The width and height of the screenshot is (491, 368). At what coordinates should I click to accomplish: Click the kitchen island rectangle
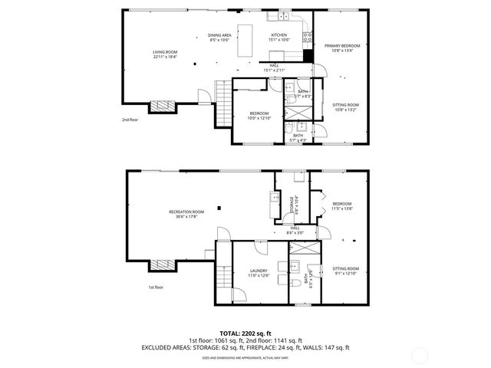247,40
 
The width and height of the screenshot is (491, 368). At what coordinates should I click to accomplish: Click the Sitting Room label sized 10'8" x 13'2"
345,107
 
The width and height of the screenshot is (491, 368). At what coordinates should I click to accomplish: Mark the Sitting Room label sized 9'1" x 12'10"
345,270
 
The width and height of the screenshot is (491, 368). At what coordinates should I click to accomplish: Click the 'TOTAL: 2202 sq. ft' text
245,333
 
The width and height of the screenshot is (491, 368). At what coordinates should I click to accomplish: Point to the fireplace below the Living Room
161,107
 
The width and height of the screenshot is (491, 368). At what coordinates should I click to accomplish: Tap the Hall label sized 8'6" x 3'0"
295,230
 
